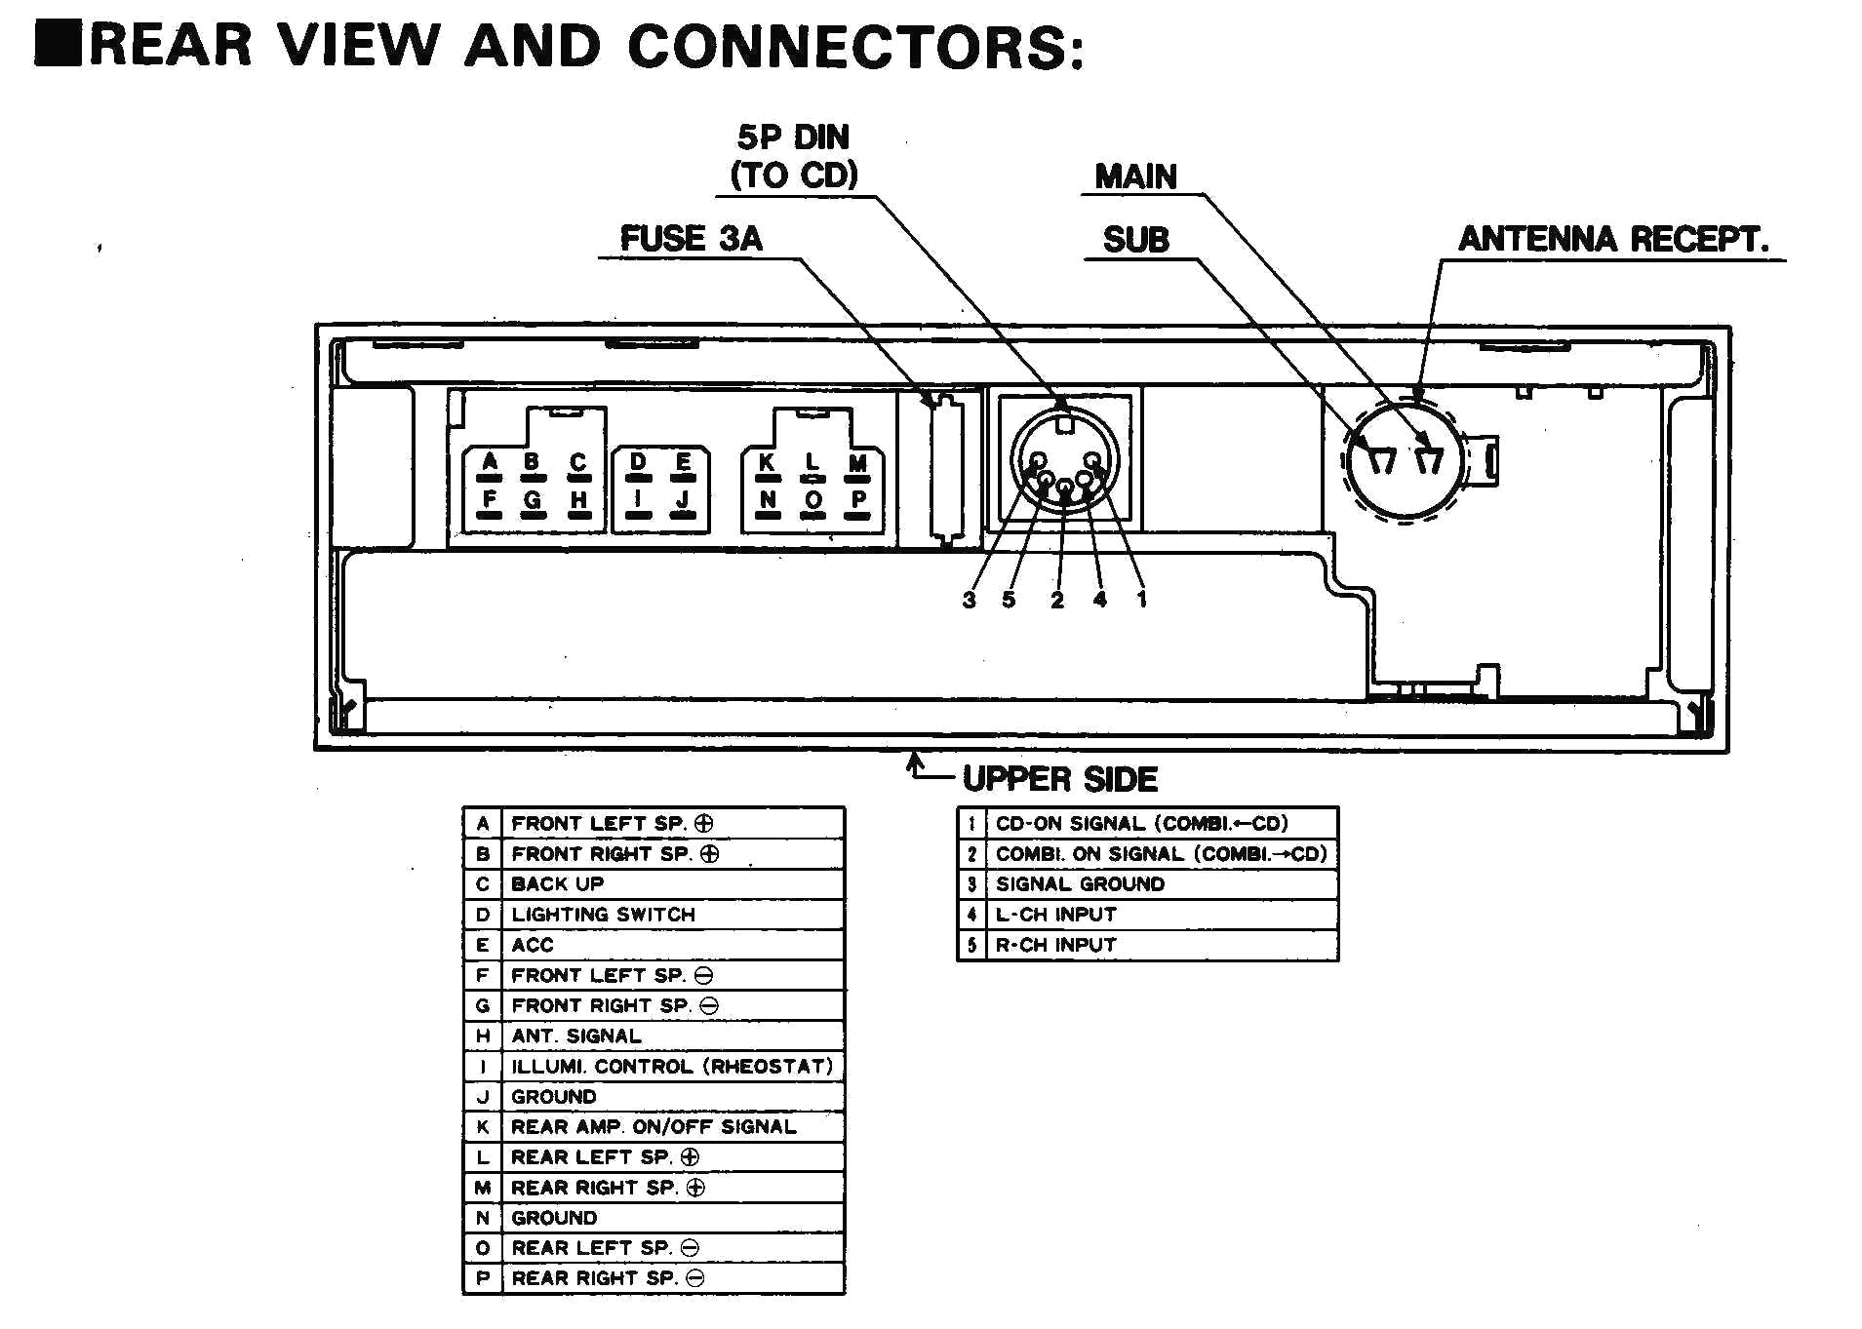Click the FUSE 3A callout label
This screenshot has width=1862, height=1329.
click(692, 239)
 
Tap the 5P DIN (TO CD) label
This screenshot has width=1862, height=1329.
click(794, 156)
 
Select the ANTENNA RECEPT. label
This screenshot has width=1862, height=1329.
click(1613, 239)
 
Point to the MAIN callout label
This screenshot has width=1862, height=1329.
click(1136, 176)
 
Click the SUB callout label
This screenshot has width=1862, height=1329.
click(1136, 240)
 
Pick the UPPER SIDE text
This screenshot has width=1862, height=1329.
click(1060, 779)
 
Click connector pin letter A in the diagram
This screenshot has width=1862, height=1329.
click(490, 461)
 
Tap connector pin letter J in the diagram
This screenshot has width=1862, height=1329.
click(683, 499)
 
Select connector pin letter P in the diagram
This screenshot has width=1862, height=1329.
click(858, 499)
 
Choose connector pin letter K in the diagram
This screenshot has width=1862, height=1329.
click(767, 461)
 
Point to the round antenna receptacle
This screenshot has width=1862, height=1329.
click(1405, 460)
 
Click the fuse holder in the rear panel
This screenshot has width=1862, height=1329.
click(944, 468)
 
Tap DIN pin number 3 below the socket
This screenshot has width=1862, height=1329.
click(969, 601)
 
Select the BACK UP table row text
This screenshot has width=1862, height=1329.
click(558, 884)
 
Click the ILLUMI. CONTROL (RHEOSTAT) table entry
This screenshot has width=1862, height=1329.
click(672, 1067)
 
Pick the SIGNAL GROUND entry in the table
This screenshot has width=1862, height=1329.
click(1080, 884)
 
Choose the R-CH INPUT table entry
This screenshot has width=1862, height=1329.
click(1055, 945)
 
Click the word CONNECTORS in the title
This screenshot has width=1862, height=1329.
click(854, 47)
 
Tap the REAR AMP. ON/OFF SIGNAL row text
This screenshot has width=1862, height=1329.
click(654, 1127)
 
